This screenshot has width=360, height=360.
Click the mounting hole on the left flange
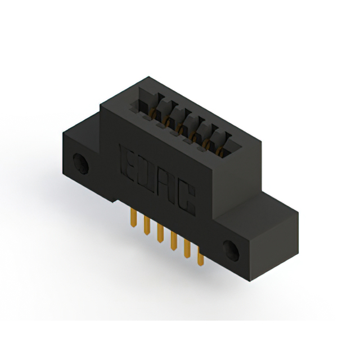81,164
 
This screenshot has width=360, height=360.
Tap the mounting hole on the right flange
231,251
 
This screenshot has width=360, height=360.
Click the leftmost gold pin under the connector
133,217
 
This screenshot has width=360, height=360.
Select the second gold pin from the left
147,225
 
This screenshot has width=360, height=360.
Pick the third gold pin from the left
160,233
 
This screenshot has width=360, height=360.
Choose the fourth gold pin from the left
174,241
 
